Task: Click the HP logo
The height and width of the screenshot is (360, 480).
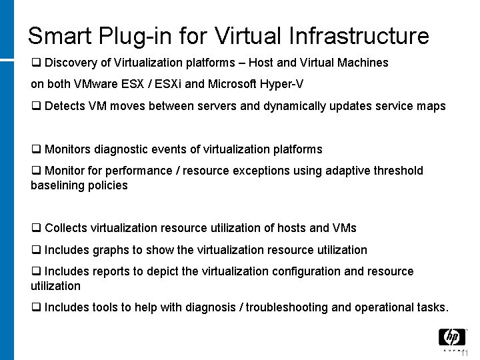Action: (x=452, y=338)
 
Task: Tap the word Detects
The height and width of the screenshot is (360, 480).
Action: (x=65, y=106)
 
